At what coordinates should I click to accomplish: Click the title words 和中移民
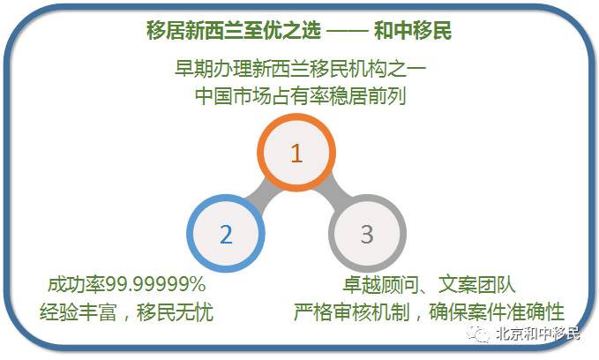413,31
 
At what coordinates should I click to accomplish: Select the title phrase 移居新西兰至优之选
234,31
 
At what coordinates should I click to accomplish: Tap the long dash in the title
348,32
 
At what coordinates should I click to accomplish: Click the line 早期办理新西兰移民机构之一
300,69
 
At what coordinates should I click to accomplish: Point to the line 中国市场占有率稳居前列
300,95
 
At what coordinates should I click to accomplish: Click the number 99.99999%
155,284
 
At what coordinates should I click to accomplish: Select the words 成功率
77,284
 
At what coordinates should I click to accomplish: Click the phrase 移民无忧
175,311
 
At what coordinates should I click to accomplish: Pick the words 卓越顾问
380,284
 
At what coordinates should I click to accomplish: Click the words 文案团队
476,284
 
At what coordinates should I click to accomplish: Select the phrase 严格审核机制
351,311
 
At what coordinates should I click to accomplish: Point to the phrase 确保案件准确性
497,311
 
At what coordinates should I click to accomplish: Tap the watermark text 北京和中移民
538,334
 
